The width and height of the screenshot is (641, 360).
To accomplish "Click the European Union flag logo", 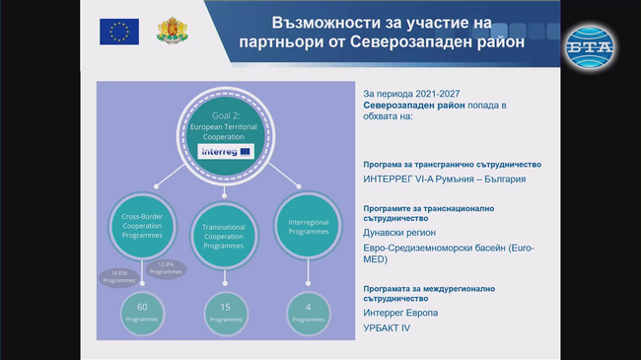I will pyautogui.click(x=119, y=32).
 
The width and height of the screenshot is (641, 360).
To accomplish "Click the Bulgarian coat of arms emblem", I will pyautogui.click(x=174, y=31).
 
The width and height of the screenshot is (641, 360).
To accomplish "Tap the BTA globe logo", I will pyautogui.click(x=589, y=42).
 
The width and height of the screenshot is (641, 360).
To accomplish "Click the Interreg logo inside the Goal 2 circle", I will pyautogui.click(x=226, y=152).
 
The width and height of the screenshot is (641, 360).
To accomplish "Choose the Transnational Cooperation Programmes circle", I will pyautogui.click(x=224, y=234).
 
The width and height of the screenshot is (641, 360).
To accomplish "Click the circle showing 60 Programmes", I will pyautogui.click(x=141, y=313).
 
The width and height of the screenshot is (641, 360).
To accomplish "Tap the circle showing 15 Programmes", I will pyautogui.click(x=225, y=313).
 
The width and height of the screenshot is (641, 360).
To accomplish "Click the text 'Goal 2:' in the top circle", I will pyautogui.click(x=226, y=116).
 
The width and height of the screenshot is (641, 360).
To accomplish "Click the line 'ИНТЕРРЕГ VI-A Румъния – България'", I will pyautogui.click(x=445, y=180).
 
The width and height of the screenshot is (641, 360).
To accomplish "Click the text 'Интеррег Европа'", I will pyautogui.click(x=401, y=313).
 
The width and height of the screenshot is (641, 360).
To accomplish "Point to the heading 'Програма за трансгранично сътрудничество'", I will pyautogui.click(x=453, y=165).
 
